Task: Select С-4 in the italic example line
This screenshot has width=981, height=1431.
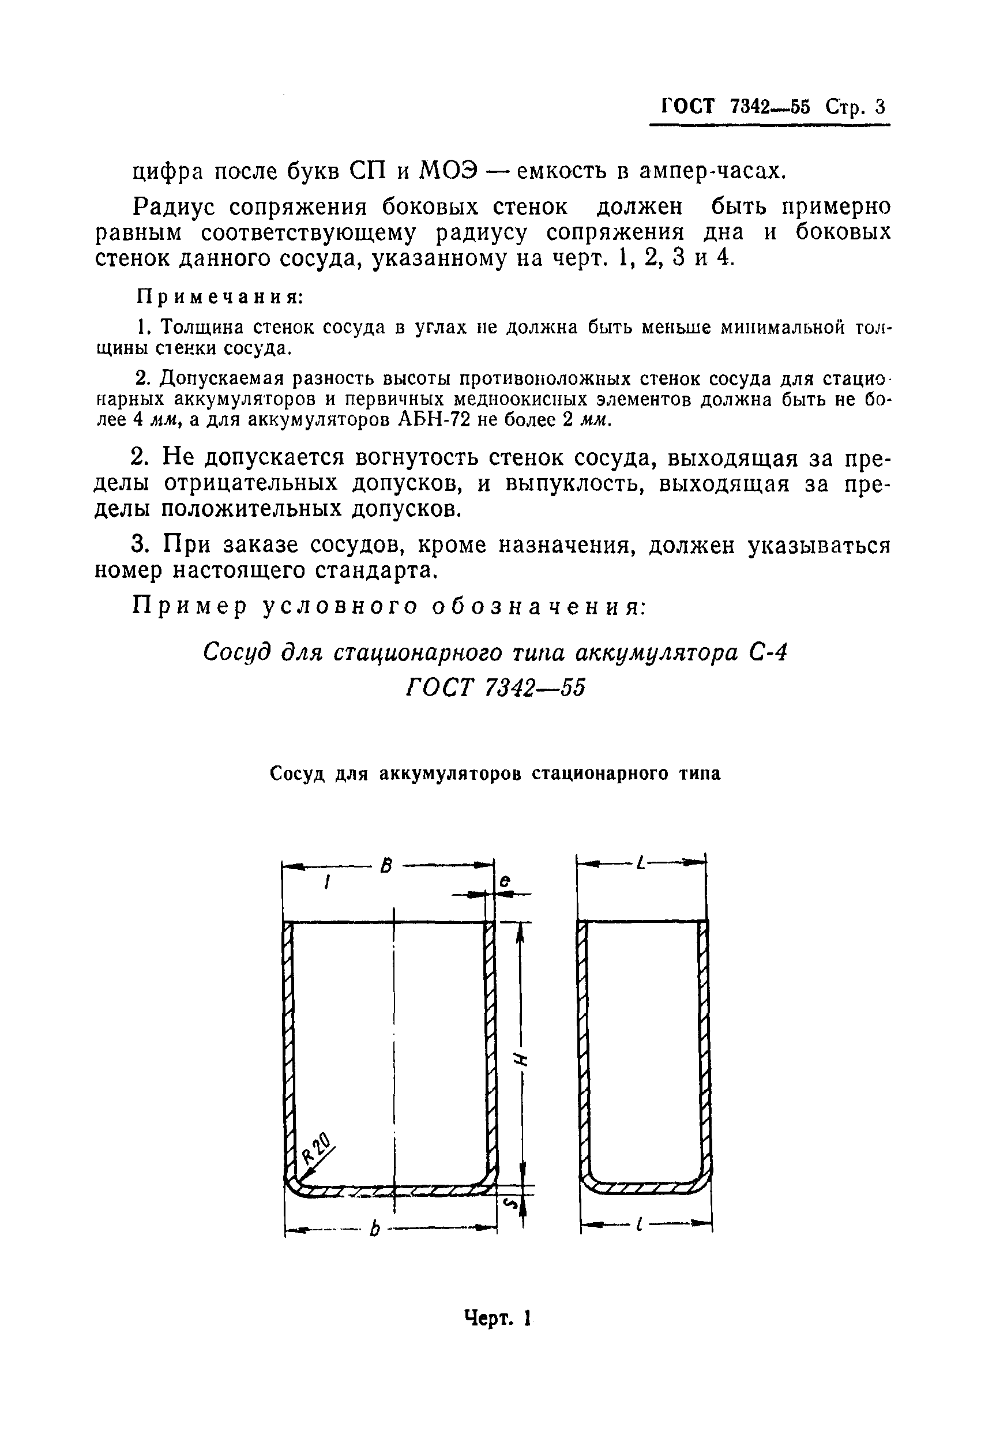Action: [770, 651]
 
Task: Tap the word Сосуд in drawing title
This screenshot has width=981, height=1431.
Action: [298, 773]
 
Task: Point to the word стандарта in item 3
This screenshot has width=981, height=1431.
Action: [376, 570]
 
